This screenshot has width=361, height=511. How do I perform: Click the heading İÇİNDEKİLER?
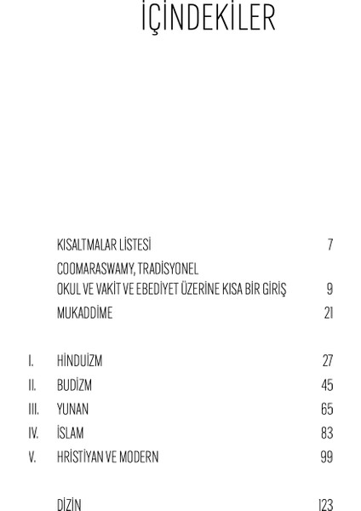coord(208,19)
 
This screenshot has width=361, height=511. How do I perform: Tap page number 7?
coord(329,245)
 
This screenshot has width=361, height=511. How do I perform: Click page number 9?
coord(329,290)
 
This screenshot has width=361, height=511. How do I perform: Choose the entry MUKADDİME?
coord(84,313)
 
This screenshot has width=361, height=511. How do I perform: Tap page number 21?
coord(328,313)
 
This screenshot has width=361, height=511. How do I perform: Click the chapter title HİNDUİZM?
coord(79,361)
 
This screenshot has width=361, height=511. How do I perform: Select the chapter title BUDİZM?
coord(74,385)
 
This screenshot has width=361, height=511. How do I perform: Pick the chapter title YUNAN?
coord(72,409)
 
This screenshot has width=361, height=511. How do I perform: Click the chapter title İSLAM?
coord(70,433)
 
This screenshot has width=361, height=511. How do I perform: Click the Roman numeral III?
coord(33,409)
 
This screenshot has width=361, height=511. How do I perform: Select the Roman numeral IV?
coord(33,433)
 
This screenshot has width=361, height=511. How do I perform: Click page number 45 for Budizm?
coord(327,385)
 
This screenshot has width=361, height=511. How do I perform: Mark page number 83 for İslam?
coord(327,433)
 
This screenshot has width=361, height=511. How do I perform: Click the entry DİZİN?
coord(69,505)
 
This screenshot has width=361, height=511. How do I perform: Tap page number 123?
coord(325,505)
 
